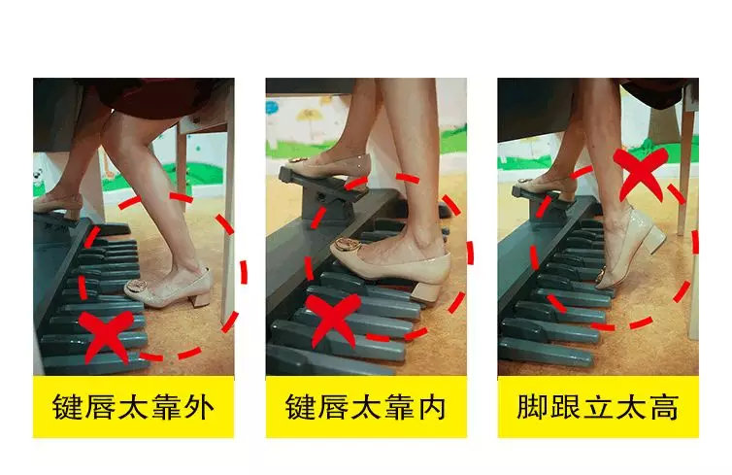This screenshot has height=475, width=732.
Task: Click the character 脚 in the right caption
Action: tap(532, 406)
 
